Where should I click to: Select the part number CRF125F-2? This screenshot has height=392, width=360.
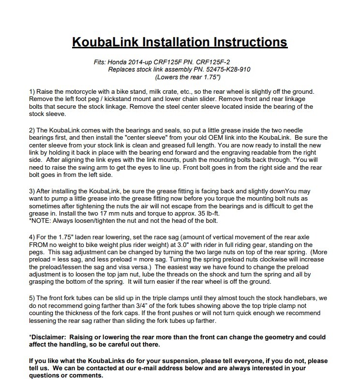click(x=203, y=62)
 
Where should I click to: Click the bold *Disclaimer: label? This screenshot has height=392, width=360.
click(x=51, y=337)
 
